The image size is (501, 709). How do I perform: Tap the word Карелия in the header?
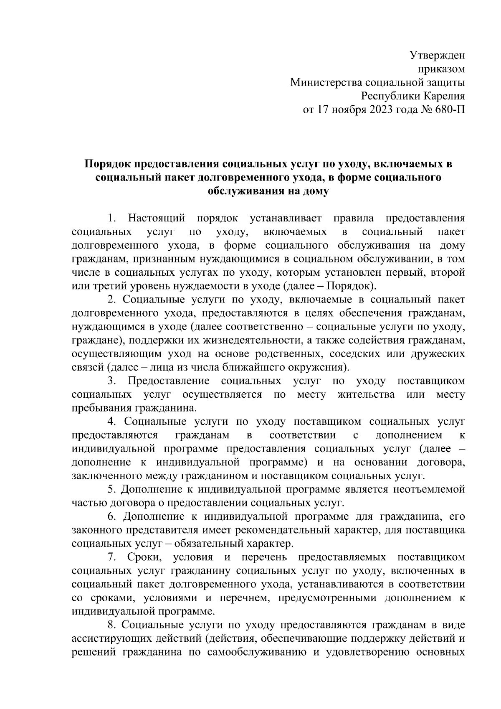[444, 96]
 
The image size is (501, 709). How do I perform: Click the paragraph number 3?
[111, 381]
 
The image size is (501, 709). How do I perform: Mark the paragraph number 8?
[111, 625]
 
